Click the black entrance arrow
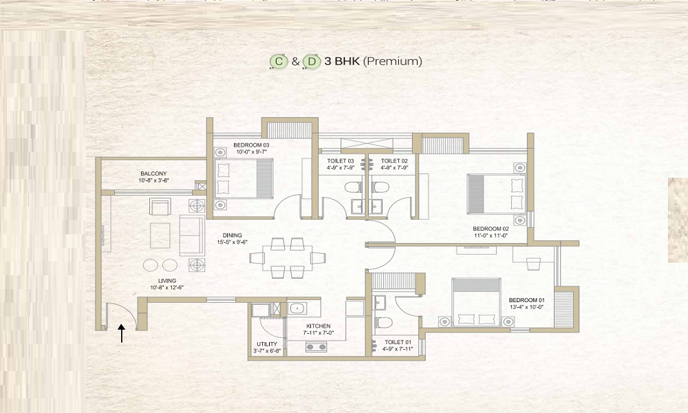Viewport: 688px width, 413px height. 122,333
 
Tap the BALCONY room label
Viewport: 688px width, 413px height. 153,173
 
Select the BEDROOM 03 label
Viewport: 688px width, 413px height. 251,145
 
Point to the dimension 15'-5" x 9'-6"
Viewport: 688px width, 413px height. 233,242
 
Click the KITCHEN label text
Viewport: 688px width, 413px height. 319,326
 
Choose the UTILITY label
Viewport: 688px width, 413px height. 267,344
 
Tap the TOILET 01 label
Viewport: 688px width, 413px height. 398,342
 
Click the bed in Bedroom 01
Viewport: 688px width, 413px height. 476,302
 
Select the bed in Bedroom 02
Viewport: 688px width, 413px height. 496,193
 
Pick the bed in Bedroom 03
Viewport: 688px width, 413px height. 244,179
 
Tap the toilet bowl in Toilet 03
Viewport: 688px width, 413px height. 354,187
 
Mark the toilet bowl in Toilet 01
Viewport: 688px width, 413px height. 383,323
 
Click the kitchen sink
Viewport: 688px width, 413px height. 297,308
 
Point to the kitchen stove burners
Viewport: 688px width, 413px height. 316,348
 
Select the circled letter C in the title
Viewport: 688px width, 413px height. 279,61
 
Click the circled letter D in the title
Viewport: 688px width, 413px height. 312,61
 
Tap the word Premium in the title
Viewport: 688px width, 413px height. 393,61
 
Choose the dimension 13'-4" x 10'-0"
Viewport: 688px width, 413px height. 526,307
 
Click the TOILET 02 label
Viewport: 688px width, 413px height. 394,161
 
